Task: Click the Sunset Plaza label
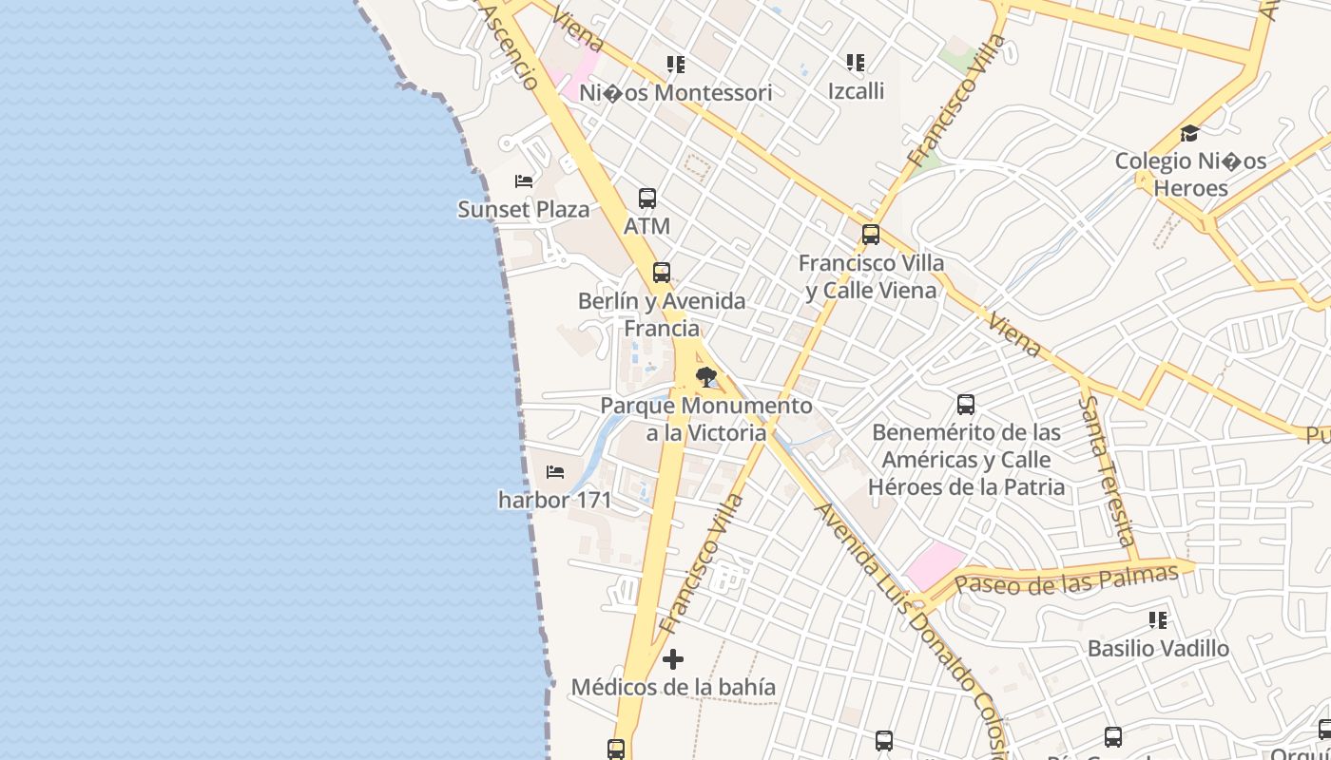(523, 209)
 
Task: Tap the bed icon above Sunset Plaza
(523, 180)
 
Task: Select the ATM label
(646, 226)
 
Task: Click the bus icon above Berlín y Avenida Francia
(662, 273)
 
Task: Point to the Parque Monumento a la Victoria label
(706, 419)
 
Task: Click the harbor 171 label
(554, 499)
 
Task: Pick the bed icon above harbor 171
(555, 471)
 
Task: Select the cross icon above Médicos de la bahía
(673, 658)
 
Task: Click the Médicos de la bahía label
(673, 686)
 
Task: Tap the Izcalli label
(856, 91)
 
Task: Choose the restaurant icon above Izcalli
(856, 63)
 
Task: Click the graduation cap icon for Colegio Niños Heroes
(1189, 133)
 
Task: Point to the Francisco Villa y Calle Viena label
(871, 275)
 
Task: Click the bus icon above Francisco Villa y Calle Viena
(871, 235)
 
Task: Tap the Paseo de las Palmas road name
(1067, 579)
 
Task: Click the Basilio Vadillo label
(1158, 649)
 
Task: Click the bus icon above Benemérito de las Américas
(966, 405)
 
